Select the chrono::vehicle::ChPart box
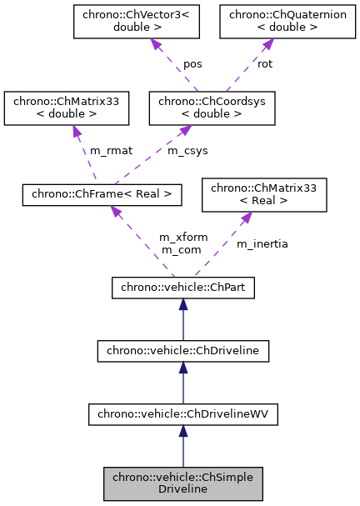pos(183,288)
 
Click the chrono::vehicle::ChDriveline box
pos(183,351)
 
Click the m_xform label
pos(178,238)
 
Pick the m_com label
pos(178,249)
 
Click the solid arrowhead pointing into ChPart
pos(183,305)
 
